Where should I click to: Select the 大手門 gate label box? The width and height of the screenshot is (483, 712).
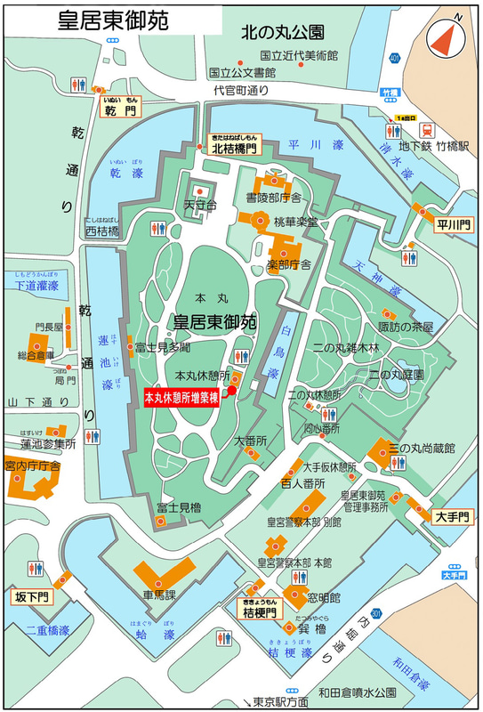449,516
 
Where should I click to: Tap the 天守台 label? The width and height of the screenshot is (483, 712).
200,206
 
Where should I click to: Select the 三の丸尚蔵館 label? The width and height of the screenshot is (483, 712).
422,448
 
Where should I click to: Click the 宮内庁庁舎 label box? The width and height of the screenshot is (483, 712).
32,465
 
